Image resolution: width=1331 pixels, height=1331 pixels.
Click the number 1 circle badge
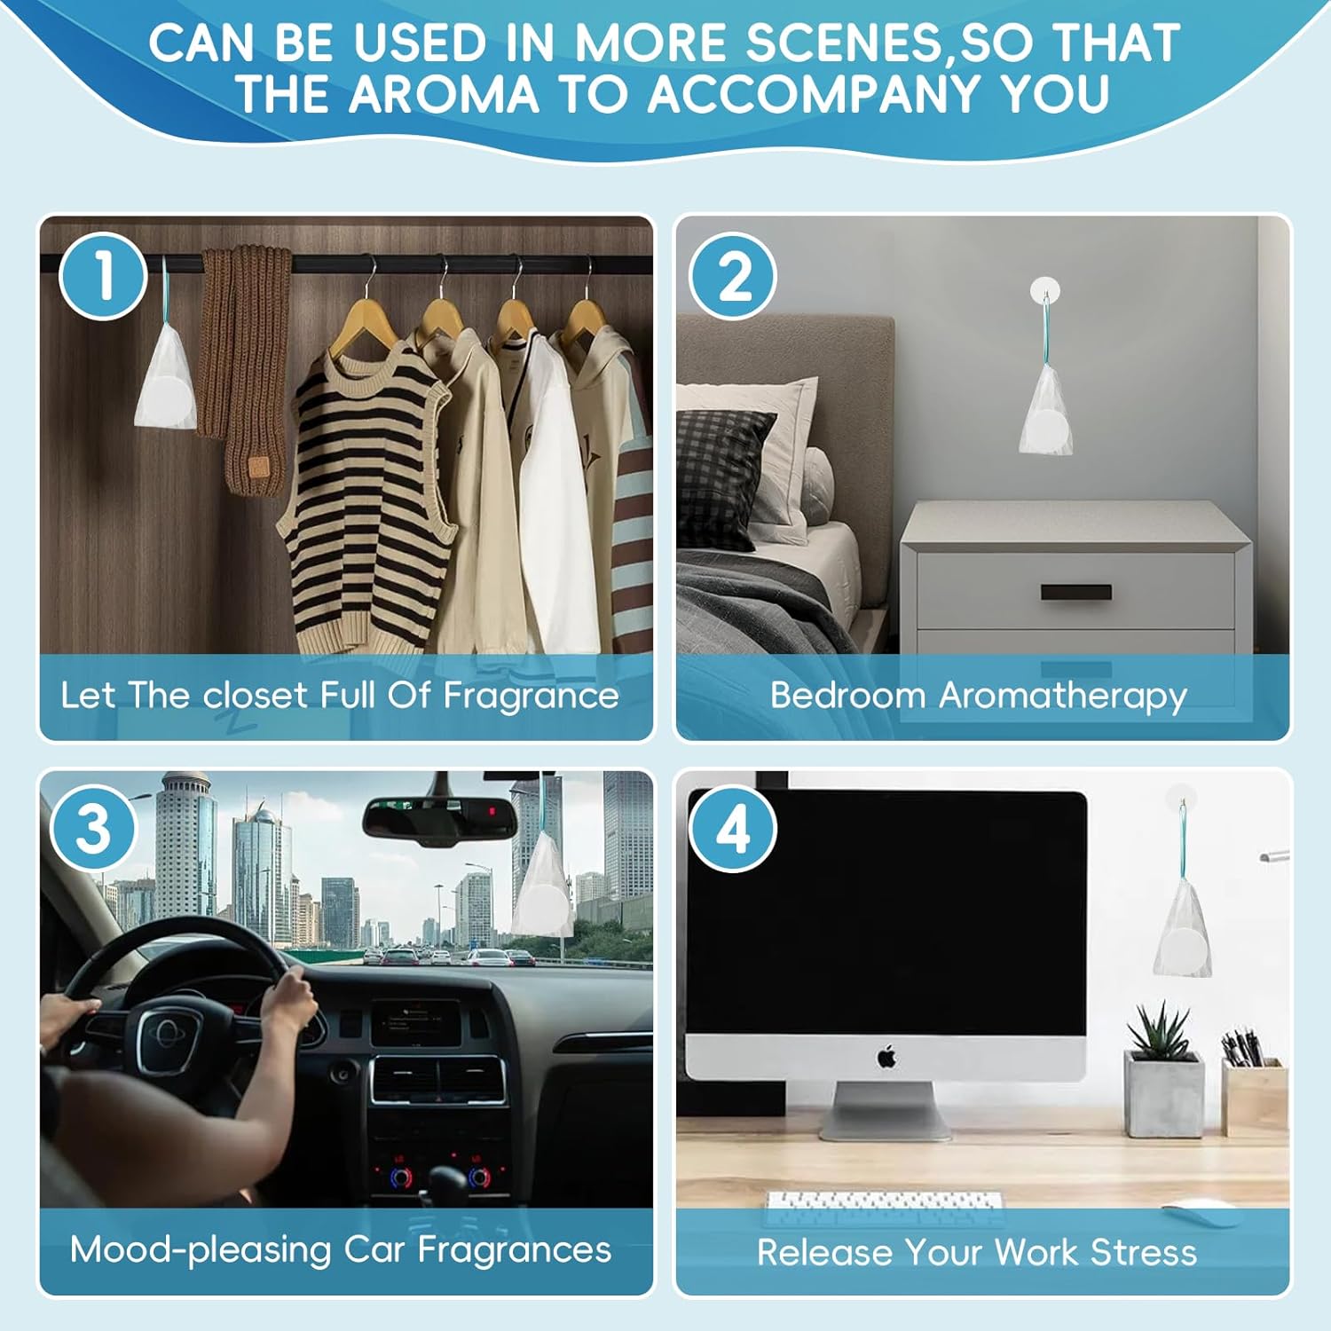(x=103, y=276)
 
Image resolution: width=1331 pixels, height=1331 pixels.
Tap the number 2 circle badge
(x=733, y=276)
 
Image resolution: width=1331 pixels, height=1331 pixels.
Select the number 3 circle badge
(x=94, y=830)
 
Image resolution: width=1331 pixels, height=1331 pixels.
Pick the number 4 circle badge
(x=733, y=830)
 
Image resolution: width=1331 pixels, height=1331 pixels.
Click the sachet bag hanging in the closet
(x=165, y=373)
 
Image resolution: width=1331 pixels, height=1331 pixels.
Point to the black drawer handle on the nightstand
(x=1075, y=592)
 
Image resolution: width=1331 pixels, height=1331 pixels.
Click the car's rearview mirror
(x=440, y=816)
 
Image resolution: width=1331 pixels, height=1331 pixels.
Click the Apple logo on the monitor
(x=886, y=1057)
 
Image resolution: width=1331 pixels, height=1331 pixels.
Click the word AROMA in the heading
(x=444, y=94)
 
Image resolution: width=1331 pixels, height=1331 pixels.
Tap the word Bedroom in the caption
(x=847, y=695)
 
